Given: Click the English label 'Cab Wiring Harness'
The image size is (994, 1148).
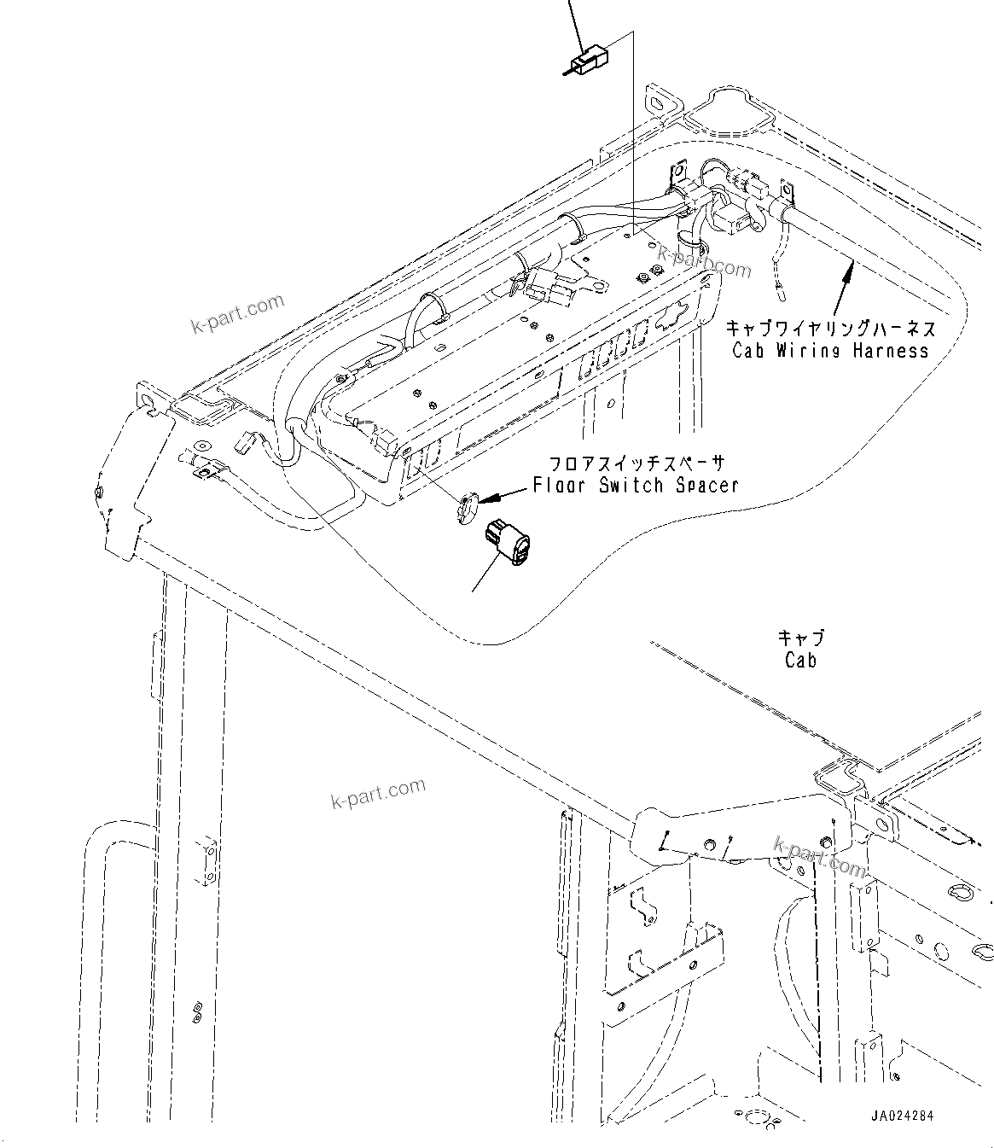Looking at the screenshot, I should click(x=829, y=350).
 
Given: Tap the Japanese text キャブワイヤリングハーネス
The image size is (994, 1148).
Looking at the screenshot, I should click(x=830, y=329).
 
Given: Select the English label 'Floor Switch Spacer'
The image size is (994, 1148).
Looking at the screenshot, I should click(x=636, y=486).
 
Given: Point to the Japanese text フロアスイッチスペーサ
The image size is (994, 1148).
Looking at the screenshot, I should click(x=636, y=464).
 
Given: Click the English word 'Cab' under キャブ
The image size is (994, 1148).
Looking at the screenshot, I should click(x=800, y=660).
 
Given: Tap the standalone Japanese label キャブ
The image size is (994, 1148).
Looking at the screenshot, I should click(x=800, y=638).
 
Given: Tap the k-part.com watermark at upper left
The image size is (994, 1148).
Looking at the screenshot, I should click(x=237, y=314).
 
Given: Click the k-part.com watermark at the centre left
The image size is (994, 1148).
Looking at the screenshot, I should click(x=377, y=795).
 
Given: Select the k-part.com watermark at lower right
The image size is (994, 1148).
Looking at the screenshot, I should click(x=819, y=856).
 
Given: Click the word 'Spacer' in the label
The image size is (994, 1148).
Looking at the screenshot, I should click(x=705, y=486).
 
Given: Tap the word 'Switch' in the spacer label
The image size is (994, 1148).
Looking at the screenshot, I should click(x=631, y=486).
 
